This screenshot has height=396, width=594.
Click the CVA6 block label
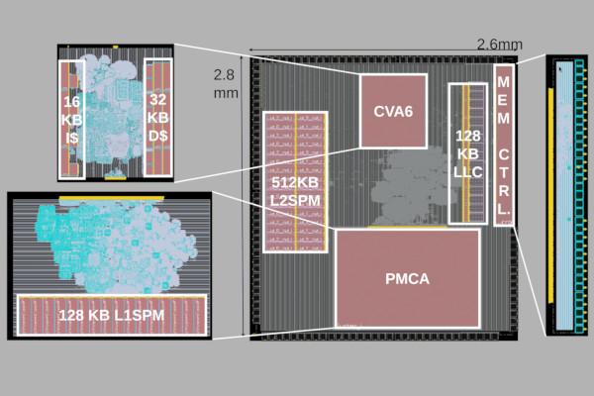[x=393, y=110]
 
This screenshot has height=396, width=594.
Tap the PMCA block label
[x=407, y=279]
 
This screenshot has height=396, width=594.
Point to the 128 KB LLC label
[x=468, y=152]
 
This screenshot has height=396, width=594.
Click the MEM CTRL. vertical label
[x=504, y=145]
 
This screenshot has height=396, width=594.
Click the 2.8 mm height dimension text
[x=227, y=83]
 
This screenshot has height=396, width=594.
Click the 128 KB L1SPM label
[x=111, y=315]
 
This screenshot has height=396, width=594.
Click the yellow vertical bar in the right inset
[x=549, y=198]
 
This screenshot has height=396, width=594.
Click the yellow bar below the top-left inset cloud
[x=115, y=178]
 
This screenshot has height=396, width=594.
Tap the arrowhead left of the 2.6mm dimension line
[x=252, y=50]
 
